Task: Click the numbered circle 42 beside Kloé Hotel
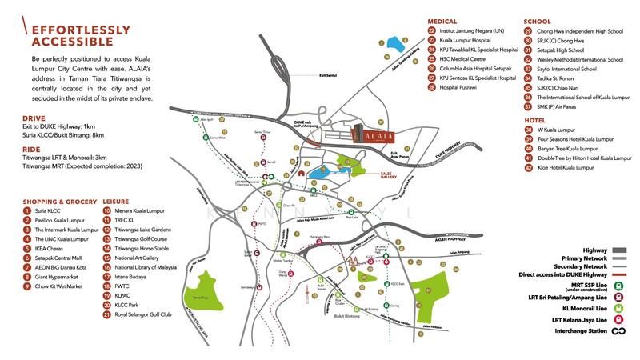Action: (528, 168)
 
